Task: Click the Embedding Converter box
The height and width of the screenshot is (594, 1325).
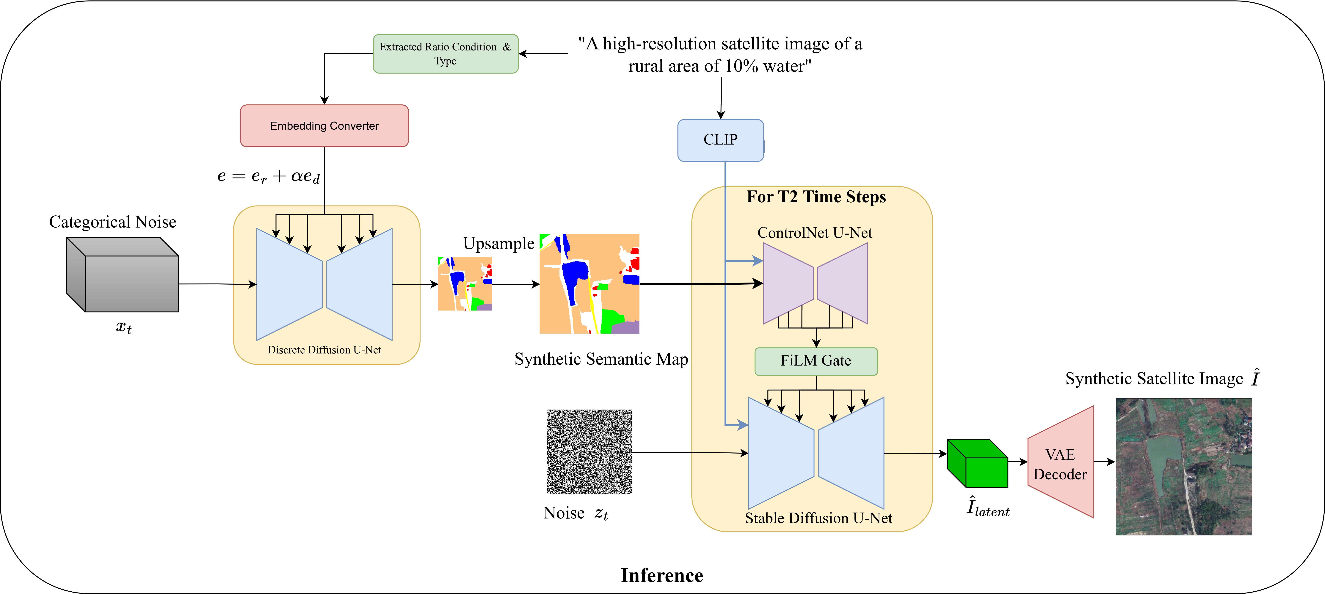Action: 324,126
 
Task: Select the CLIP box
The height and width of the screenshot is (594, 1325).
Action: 720,140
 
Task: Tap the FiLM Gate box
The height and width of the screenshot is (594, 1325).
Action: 816,361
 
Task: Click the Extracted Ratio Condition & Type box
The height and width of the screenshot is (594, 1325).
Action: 446,54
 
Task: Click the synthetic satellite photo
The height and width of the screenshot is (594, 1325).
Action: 1184,466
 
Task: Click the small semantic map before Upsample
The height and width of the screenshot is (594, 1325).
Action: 465,284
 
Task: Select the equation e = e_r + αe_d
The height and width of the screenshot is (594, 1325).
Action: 269,176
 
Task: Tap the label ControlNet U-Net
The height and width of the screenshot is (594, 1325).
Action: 815,233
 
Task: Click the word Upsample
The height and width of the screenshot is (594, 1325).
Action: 498,243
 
